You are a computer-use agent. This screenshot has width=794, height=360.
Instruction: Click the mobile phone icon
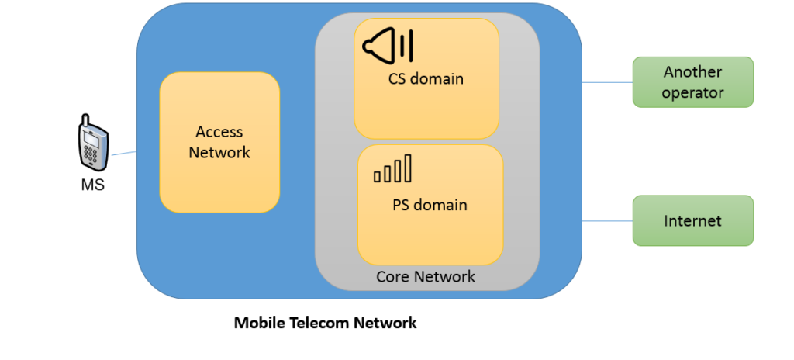click(x=92, y=143)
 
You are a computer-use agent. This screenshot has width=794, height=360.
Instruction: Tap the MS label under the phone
click(x=92, y=185)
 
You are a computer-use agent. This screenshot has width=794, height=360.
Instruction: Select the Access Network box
click(x=219, y=143)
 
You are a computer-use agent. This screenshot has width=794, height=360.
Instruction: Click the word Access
click(x=219, y=132)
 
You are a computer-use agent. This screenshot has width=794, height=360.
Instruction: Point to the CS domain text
click(x=426, y=78)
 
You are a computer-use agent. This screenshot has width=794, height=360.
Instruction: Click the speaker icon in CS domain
click(x=388, y=44)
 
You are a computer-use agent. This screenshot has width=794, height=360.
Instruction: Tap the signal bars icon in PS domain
click(x=392, y=168)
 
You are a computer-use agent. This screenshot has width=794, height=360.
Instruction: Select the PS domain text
click(x=430, y=205)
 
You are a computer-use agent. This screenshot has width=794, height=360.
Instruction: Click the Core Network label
click(x=426, y=277)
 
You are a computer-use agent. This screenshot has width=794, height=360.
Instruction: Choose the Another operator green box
click(x=692, y=82)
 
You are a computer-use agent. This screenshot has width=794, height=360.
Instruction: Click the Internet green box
click(x=692, y=221)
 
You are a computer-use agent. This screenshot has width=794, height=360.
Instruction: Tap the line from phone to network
click(x=123, y=154)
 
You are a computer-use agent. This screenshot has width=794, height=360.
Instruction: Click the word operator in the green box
click(x=692, y=93)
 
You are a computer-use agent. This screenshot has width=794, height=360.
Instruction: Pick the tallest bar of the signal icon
click(x=407, y=168)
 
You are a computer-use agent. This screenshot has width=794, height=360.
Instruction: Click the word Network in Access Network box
click(x=219, y=153)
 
